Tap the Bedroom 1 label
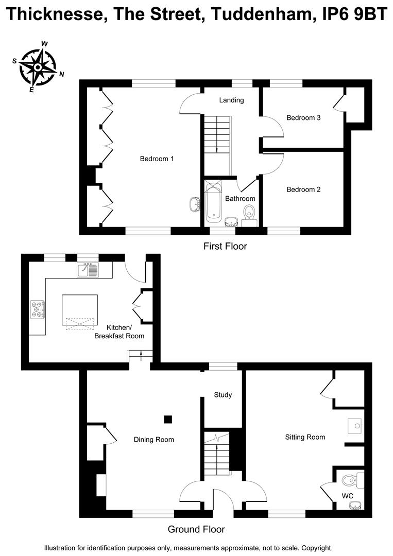(157, 159)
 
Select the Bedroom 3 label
(303, 117)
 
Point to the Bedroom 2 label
(303, 189)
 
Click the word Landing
(231, 100)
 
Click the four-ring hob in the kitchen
(38, 309)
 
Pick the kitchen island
(80, 310)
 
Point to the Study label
(223, 395)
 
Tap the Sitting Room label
(305, 437)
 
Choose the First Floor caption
(225, 246)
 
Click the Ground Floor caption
(196, 529)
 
